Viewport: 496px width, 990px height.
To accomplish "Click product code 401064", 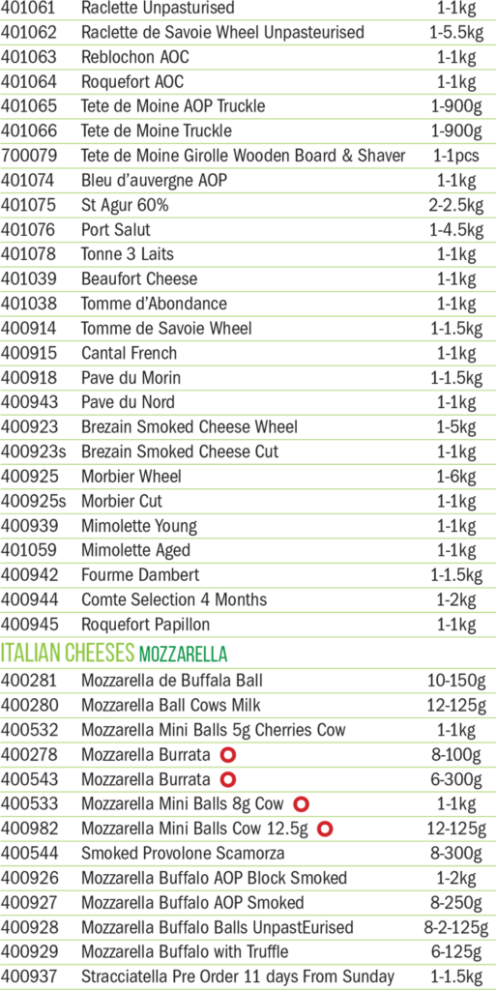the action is (x=30, y=81).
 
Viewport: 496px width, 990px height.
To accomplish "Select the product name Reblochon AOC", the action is (x=135, y=57).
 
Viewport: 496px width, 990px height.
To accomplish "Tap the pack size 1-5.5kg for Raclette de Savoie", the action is (x=456, y=33).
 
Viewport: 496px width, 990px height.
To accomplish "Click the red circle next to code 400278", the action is (x=228, y=754).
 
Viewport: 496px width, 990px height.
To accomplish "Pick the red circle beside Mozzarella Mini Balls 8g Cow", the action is (x=302, y=803).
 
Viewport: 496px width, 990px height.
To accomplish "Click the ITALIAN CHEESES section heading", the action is (x=69, y=654).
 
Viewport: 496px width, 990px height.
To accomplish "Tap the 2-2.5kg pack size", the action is (x=456, y=206).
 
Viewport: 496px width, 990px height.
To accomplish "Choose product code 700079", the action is (x=30, y=156).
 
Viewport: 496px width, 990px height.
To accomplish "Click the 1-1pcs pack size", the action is (x=456, y=156).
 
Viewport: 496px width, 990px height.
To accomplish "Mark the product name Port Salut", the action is (x=116, y=230).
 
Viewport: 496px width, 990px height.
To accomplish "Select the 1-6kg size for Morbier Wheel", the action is (x=456, y=478).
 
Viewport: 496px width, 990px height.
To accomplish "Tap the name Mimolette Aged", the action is (x=135, y=550).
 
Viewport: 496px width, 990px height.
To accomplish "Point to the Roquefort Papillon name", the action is (x=146, y=626).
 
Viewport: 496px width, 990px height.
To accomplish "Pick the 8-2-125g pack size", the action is (x=456, y=927).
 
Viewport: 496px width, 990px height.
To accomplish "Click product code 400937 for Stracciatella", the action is (x=30, y=976).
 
